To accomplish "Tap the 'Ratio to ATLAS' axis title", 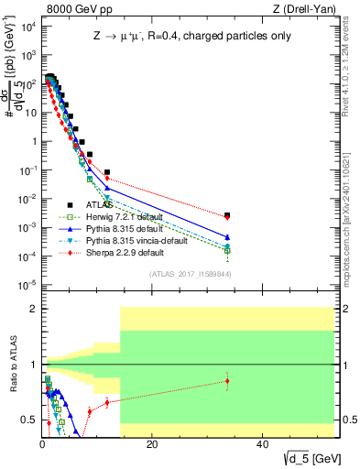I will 11,365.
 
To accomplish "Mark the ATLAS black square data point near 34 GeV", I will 227,215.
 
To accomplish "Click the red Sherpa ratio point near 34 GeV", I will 227,381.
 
